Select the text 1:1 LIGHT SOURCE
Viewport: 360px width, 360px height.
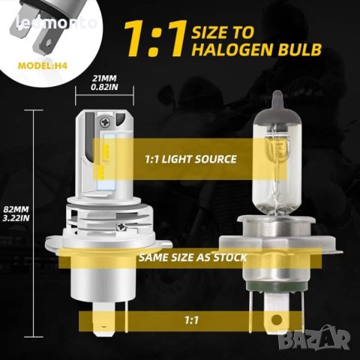pos(190,159)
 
